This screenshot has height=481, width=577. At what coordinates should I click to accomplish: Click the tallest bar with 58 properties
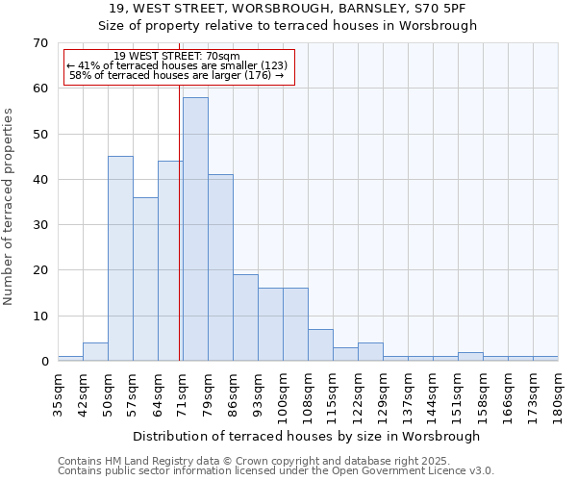tap(195, 229)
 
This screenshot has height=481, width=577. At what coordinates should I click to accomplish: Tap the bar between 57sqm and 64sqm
tap(145, 279)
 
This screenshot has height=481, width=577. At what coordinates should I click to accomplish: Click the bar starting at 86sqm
tap(245, 317)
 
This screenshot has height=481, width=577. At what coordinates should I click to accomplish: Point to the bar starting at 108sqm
tap(320, 345)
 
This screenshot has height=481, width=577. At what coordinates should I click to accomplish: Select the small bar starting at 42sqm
tap(95, 352)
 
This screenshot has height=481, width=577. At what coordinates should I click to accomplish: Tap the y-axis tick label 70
tap(39, 43)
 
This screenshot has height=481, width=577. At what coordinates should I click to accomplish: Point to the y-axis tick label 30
tap(39, 225)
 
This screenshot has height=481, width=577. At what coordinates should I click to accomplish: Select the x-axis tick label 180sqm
tap(559, 392)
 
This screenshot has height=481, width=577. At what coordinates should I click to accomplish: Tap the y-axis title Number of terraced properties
tap(9, 206)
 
